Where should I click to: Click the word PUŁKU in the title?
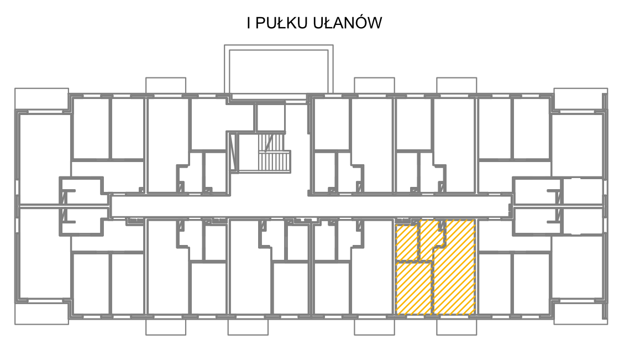click(x=281, y=23)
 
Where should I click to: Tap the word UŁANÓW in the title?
click(x=348, y=23)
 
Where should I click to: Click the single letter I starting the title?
click(x=249, y=23)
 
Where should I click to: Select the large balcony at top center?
click(x=279, y=70)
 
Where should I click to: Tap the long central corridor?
click(x=310, y=206)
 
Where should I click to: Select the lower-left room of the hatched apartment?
click(x=413, y=289)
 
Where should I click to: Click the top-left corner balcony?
click(x=41, y=98)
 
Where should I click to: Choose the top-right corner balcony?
click(x=581, y=99)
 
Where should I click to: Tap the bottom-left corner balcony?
click(x=41, y=314)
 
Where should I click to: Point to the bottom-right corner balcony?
click(x=581, y=314)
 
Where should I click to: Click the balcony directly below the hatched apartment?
click(x=457, y=327)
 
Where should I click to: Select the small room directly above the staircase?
click(x=270, y=117)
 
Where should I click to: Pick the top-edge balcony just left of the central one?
click(x=166, y=86)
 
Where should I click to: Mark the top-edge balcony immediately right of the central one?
click(x=374, y=86)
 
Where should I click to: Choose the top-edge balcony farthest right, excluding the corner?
click(x=457, y=86)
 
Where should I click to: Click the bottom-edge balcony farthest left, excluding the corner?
click(x=166, y=327)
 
